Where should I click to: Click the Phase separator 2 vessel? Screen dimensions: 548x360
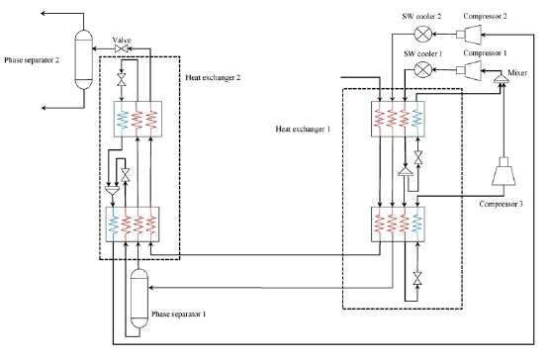coord(84,59)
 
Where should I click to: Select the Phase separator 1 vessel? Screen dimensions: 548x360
coord(139,298)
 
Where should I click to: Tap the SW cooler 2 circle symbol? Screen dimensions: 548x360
coord(421,34)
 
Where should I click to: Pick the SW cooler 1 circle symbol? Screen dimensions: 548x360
coord(421,69)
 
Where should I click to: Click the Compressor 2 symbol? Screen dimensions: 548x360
coord(469,35)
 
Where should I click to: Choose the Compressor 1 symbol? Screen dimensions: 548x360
coord(469,70)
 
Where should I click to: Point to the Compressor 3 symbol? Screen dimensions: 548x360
coord(503,171)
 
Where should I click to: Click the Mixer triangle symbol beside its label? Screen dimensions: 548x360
coord(502,78)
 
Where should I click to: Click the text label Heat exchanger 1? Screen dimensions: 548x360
coord(303,129)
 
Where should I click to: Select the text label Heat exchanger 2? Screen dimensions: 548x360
coord(213,77)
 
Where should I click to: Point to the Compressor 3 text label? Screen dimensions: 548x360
coord(502,204)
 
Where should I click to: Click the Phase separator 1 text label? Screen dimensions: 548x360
coord(179,314)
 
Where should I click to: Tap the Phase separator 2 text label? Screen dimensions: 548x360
coord(32,60)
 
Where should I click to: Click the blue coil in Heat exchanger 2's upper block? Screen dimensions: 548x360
coord(123,119)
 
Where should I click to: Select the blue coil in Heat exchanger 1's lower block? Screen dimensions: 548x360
coord(417,224)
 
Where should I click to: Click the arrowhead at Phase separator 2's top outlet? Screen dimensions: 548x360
coord(44,14)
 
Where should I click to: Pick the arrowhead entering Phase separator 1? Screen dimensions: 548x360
coord(151,288)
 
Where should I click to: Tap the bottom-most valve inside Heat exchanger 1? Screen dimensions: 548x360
coord(416,278)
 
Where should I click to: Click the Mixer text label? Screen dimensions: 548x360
coord(517,73)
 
